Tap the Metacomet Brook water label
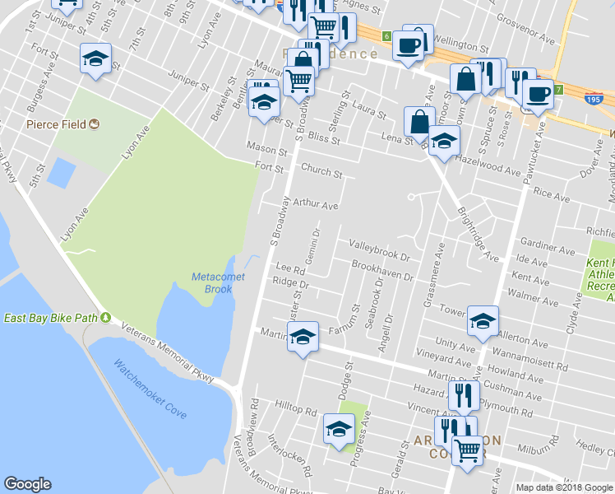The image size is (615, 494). click(218, 283)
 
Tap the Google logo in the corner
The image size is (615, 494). click(27, 484)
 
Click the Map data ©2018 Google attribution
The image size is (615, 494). click(564, 487)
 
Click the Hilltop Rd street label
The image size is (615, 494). click(296, 410)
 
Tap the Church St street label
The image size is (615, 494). click(321, 173)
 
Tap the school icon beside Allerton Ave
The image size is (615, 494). click(483, 320)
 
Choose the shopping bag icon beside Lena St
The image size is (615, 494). click(419, 121)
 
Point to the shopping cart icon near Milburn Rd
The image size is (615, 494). click(468, 450)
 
